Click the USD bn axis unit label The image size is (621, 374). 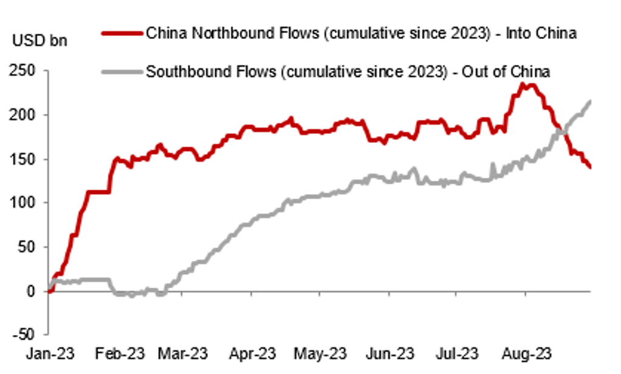pyautogui.click(x=39, y=41)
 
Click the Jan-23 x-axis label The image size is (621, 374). pyautogui.click(x=50, y=354)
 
